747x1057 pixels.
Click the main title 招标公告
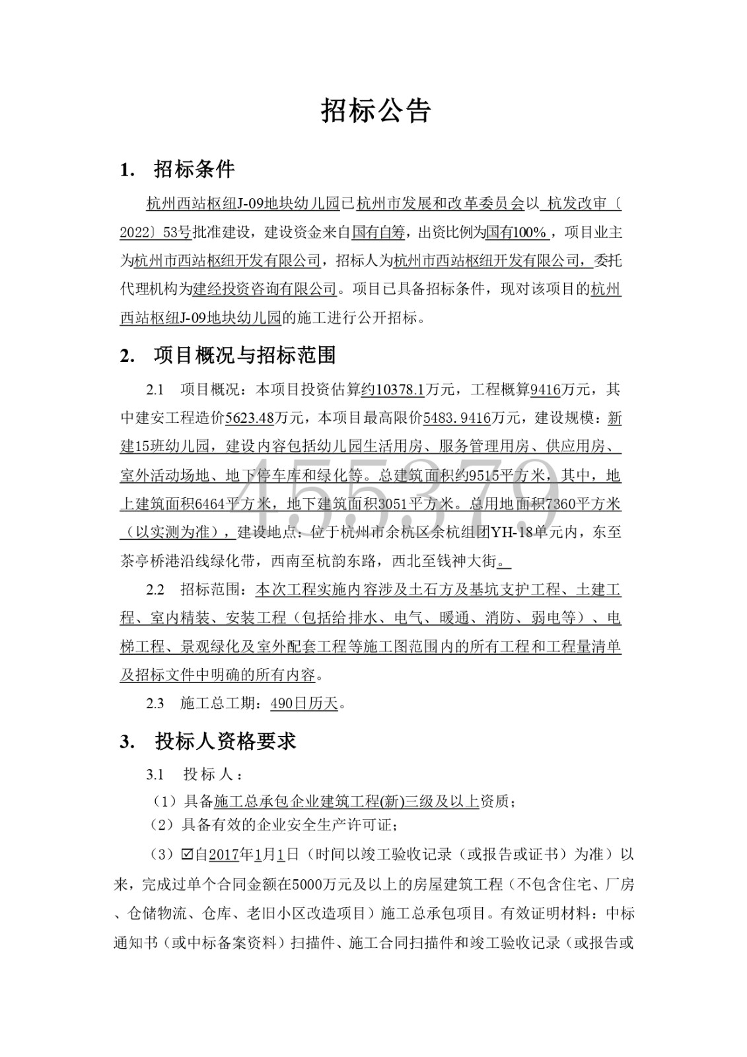tap(375, 111)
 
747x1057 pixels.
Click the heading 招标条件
tap(194, 170)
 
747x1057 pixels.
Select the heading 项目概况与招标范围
tap(245, 355)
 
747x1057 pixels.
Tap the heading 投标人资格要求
tap(226, 741)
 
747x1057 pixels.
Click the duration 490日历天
tap(304, 704)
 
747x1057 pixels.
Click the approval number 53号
tap(177, 233)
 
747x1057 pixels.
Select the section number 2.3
tap(155, 704)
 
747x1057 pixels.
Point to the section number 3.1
tap(155, 774)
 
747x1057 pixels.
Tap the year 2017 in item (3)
tap(223, 855)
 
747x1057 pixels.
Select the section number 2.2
tap(155, 589)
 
